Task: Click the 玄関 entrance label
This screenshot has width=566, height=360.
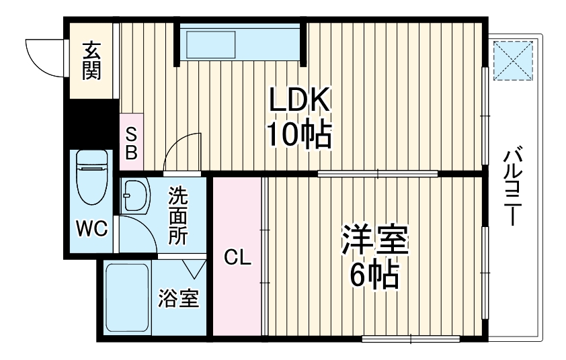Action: [x=92, y=60]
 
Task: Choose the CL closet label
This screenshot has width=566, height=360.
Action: [x=237, y=257]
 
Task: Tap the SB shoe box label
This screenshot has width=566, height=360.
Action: [x=131, y=144]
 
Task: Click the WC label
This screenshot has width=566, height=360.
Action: [x=91, y=229]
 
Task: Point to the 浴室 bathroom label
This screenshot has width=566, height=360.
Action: [x=178, y=298]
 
